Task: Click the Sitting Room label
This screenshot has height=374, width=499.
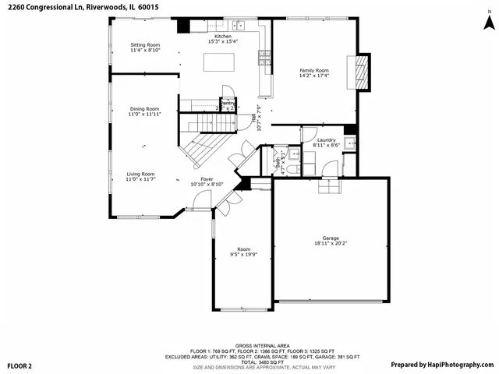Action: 145,46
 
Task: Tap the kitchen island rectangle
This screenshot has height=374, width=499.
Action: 218,61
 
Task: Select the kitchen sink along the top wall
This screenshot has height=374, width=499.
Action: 236,26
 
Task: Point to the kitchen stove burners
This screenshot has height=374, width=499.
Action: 265,55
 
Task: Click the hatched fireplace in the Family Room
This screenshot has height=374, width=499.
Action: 360,71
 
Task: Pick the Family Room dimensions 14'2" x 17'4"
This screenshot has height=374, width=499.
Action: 314,76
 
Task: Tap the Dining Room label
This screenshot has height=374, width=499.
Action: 144,109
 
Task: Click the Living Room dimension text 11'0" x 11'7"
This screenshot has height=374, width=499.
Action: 142,180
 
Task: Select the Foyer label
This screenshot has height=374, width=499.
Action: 207,179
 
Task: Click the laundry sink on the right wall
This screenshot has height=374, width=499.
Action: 351,142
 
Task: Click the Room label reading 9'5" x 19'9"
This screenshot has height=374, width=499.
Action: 243,252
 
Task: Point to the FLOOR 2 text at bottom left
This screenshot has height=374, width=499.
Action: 20,365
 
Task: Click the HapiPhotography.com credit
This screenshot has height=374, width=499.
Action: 441,365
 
